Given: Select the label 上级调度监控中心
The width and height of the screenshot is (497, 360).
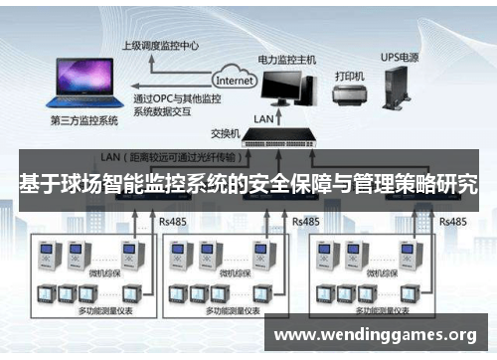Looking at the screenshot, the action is [x=160, y=45].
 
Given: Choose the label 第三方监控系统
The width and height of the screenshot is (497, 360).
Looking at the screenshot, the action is [x=83, y=120].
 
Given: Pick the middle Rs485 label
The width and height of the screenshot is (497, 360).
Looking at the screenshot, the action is [x=305, y=220].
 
